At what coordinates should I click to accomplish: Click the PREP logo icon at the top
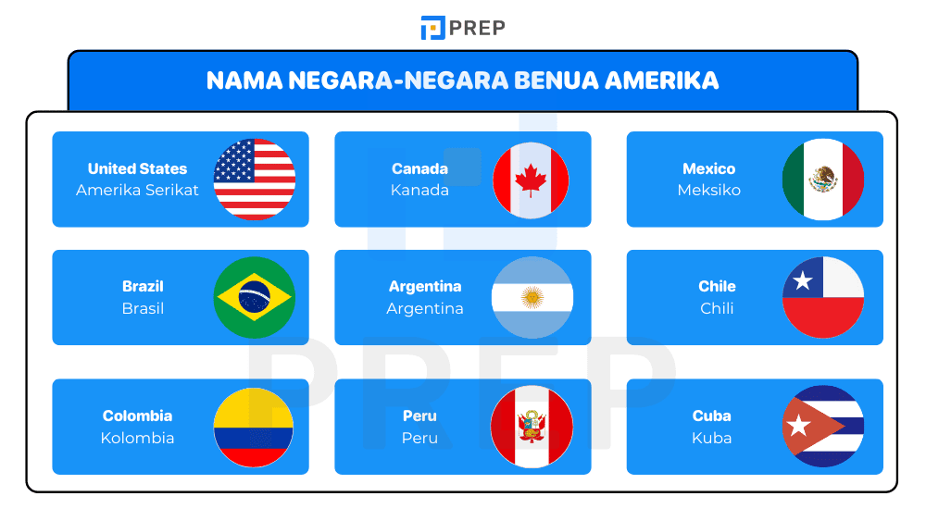pyautogui.click(x=432, y=28)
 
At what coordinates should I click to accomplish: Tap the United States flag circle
pyautogui.click(x=255, y=179)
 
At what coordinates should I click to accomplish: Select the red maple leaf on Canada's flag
pyautogui.click(x=531, y=179)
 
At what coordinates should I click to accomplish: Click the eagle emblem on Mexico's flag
pyautogui.click(x=823, y=179)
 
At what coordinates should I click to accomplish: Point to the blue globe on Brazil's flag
pyautogui.click(x=255, y=297)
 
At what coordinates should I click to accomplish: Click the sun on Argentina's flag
pyautogui.click(x=532, y=297)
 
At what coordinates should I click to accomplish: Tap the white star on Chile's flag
pyautogui.click(x=802, y=279)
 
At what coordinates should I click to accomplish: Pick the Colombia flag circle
pyautogui.click(x=255, y=427)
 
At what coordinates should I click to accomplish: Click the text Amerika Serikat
pyautogui.click(x=137, y=191)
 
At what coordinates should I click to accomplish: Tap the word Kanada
pyautogui.click(x=419, y=191)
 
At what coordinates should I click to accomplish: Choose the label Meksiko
pyautogui.click(x=708, y=191)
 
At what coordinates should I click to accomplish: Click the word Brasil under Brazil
pyautogui.click(x=143, y=309)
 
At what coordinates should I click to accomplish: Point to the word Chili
pyautogui.click(x=717, y=309)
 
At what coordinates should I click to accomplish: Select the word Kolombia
pyautogui.click(x=137, y=439)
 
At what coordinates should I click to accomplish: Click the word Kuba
pyautogui.click(x=711, y=439)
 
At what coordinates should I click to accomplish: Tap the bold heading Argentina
pyautogui.click(x=425, y=287)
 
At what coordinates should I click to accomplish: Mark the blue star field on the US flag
pyautogui.click(x=234, y=160)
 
